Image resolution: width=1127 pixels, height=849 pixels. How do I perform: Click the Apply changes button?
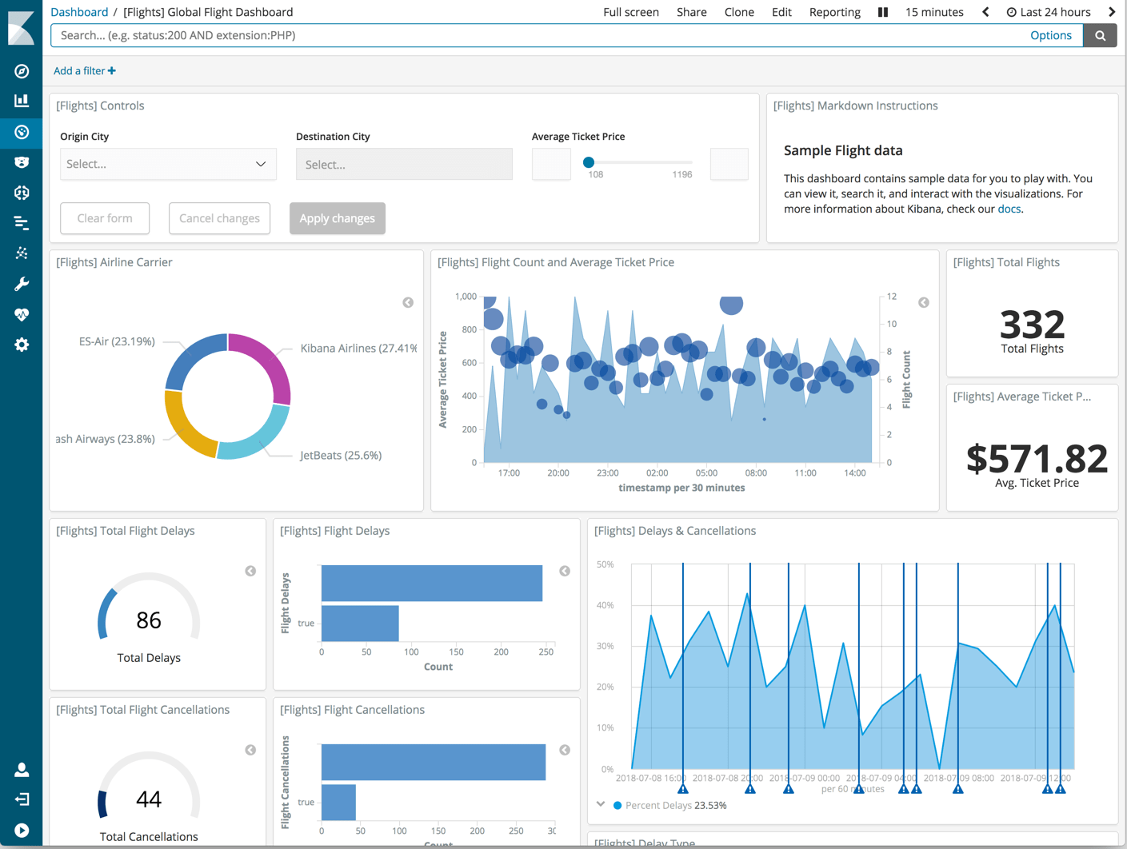pos(337,218)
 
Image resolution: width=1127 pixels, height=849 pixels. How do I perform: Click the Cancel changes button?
pos(219,218)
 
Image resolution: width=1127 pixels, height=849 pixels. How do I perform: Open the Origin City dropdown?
pos(168,164)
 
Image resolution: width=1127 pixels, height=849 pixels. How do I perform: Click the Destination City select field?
pos(404,164)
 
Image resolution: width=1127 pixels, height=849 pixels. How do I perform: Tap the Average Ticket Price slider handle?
pos(589,162)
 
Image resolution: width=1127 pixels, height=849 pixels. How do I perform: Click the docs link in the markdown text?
pos(1009,209)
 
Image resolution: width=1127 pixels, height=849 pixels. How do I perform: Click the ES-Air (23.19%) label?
pos(117,341)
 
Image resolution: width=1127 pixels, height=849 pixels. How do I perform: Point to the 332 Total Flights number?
pos(1032,325)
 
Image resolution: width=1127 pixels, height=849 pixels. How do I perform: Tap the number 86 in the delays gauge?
pos(149,620)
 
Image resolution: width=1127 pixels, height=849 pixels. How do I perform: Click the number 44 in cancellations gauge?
pos(149,799)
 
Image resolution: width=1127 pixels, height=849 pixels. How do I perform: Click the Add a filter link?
pos(84,71)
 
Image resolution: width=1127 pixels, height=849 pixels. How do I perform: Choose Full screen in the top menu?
pos(630,12)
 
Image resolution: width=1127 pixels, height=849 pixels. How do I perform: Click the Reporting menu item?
pos(834,12)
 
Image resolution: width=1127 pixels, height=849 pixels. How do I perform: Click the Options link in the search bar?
pos(1050,35)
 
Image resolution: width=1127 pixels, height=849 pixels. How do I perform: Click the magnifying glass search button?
pos(1100,35)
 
